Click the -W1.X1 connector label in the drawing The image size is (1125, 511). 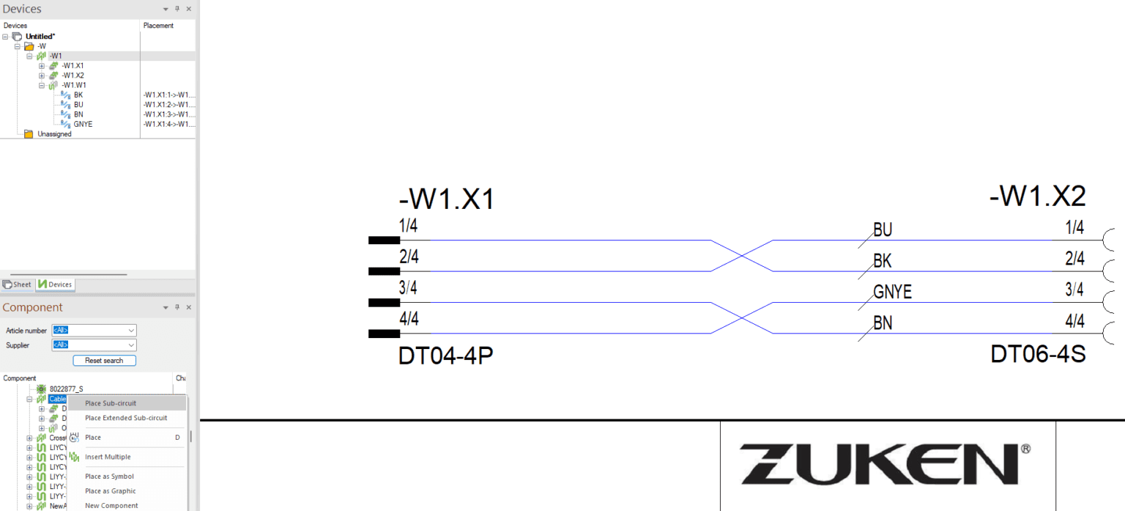pos(446,199)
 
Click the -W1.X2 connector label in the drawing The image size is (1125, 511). pos(1037,196)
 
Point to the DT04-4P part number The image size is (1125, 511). pos(445,356)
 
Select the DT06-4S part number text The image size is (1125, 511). pos(1038,354)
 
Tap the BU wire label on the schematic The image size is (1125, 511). pos(883,230)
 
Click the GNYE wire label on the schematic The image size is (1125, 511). pos(892,293)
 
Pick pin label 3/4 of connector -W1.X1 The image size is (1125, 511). pos(409,287)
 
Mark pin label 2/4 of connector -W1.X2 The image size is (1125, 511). pos(1074,258)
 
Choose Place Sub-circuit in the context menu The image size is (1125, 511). pos(111,403)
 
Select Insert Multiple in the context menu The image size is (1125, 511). pos(108,457)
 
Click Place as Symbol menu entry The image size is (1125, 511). pos(109,477)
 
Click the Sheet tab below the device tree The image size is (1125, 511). pos(18,284)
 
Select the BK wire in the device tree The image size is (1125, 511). pos(78,95)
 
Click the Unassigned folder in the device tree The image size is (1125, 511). pos(54,134)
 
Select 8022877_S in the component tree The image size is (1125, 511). pos(66,389)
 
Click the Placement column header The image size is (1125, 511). pos(158,26)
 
